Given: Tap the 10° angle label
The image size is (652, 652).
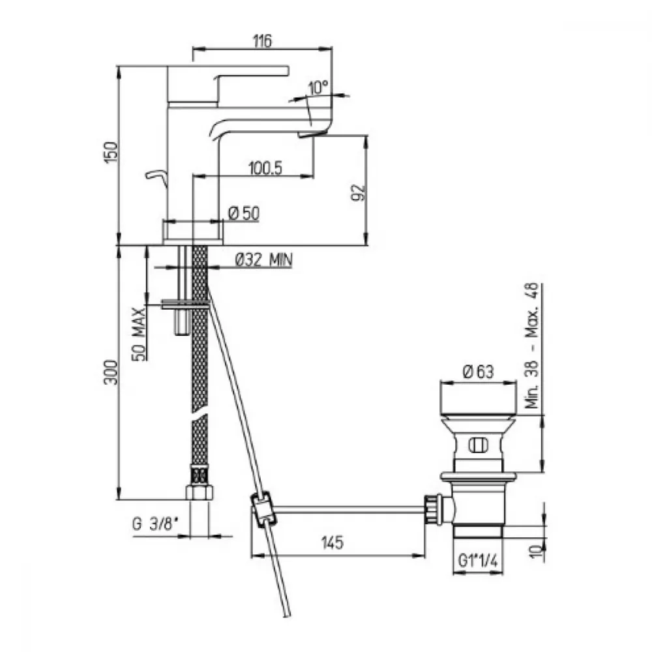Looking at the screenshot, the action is pos(319,88).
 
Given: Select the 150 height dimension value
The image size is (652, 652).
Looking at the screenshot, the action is pos(111,152).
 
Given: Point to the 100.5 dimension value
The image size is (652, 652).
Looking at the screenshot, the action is pos(265,168).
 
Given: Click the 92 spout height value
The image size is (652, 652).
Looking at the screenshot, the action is pos(358,192).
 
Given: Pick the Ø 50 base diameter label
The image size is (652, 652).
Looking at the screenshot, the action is pos(244,214).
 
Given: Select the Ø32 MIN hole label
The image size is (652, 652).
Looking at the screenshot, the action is pos(263,260).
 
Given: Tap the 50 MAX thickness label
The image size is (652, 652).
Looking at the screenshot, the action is pos(140,334).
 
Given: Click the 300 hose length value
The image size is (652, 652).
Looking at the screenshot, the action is pos(111,372).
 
